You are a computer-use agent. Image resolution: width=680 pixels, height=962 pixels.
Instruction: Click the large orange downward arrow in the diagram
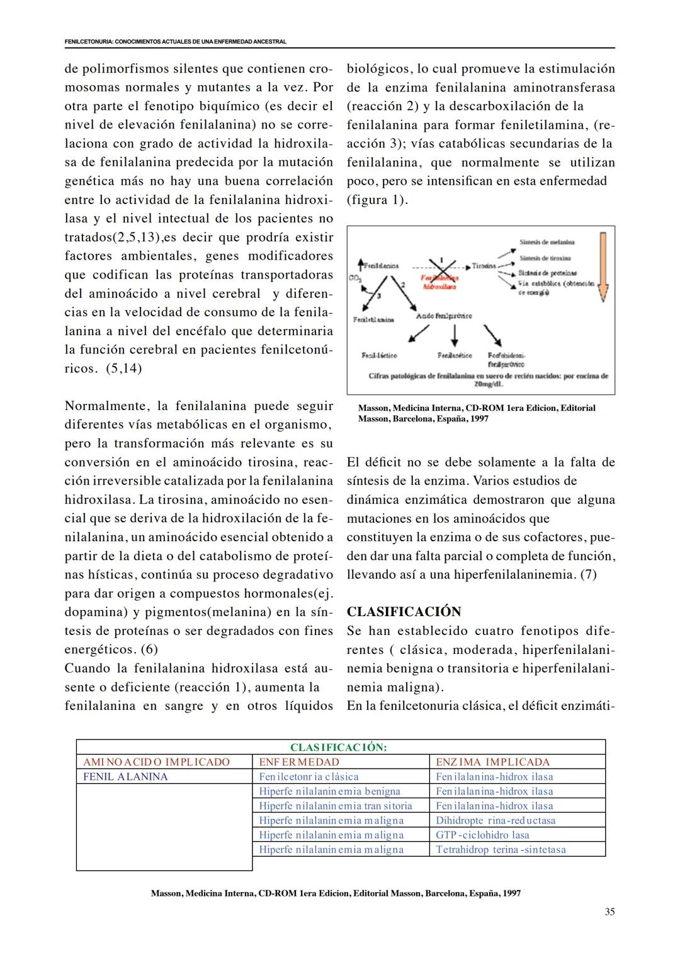pyautogui.click(x=603, y=265)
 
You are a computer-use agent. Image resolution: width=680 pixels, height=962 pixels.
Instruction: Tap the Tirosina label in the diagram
pyautogui.click(x=484, y=266)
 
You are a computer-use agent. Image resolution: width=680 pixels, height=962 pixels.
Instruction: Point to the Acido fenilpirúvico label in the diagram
pyautogui.click(x=444, y=316)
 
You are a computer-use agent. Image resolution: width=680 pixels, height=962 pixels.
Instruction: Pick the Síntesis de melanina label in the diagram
pyautogui.click(x=547, y=242)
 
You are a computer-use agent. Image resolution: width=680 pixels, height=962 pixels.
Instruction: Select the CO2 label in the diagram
pyautogui.click(x=353, y=278)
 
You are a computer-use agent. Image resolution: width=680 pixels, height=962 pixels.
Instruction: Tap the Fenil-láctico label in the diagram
pyautogui.click(x=379, y=355)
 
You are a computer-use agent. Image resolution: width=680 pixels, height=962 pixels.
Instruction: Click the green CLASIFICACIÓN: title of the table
pyautogui.click(x=338, y=747)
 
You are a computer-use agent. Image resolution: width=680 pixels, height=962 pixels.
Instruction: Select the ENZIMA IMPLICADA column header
pyautogui.click(x=492, y=762)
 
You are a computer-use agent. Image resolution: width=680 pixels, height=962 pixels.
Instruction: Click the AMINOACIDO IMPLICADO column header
pyautogui.click(x=156, y=762)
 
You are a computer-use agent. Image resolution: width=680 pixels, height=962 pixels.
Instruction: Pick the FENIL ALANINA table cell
pyautogui.click(x=125, y=776)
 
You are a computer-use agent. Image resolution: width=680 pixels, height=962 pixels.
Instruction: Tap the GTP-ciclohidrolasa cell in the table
pyautogui.click(x=482, y=835)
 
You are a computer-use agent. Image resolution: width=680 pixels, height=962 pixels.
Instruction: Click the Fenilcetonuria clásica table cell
pyautogui.click(x=309, y=776)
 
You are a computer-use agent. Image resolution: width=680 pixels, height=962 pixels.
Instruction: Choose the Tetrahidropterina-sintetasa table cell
pyautogui.click(x=501, y=849)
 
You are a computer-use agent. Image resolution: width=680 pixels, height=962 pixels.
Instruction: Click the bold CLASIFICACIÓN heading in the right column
pyautogui.click(x=404, y=612)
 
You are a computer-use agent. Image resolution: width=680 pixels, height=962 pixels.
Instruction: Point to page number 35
pyautogui.click(x=609, y=912)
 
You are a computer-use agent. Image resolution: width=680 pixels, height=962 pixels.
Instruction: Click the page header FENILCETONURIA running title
pyautogui.click(x=175, y=42)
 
